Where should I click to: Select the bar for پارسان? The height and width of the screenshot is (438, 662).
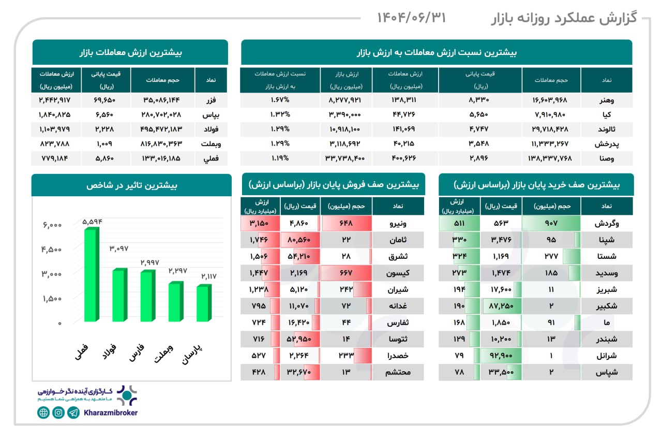204,303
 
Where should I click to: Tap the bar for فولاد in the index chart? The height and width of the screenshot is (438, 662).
119,295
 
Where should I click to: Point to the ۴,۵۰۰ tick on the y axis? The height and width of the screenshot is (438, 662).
51,250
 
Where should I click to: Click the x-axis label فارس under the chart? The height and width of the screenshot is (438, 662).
136,353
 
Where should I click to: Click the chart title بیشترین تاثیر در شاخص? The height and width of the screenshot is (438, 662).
131,185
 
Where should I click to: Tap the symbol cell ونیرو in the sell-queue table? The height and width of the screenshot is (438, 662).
398,224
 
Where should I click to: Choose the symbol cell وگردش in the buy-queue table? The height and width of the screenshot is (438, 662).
607,224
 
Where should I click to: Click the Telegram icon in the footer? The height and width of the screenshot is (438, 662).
74,413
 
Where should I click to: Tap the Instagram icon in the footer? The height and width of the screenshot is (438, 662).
58,413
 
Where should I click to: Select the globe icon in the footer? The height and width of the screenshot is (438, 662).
43,413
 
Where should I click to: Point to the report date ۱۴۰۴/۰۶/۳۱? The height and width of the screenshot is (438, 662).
412,18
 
